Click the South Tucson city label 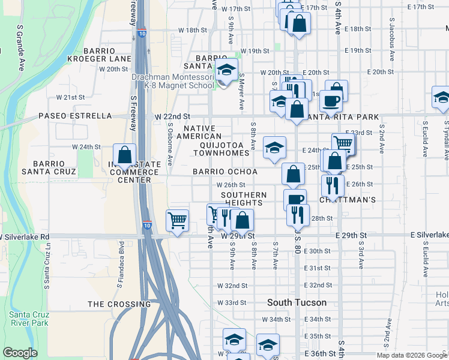pyautogui.click(x=297, y=302)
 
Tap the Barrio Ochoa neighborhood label pyautogui.click(x=225, y=172)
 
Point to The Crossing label pyautogui.click(x=119, y=304)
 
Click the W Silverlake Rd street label pyautogui.click(x=25, y=236)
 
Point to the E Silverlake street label pyautogui.click(x=429, y=235)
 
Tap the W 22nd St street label pyautogui.click(x=172, y=116)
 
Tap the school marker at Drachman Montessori pyautogui.click(x=226, y=70)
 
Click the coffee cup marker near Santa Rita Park pyautogui.click(x=330, y=100)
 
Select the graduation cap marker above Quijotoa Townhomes pyautogui.click(x=274, y=147)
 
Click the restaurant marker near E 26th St pyautogui.click(x=332, y=184)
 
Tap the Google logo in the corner pyautogui.click(x=20, y=353)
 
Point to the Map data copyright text pyautogui.click(x=412, y=355)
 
